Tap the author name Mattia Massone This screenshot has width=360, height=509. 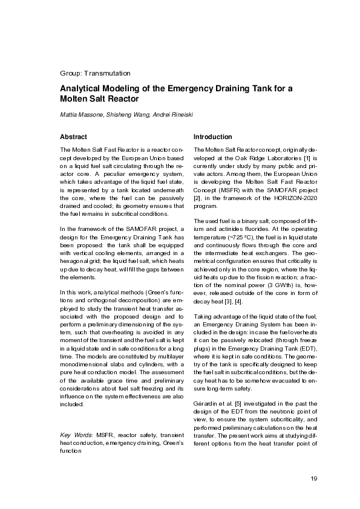(x=79, y=115)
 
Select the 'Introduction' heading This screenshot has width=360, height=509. (x=212, y=137)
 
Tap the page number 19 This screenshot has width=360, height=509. (x=313, y=479)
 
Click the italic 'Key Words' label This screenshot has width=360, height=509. (x=77, y=435)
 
